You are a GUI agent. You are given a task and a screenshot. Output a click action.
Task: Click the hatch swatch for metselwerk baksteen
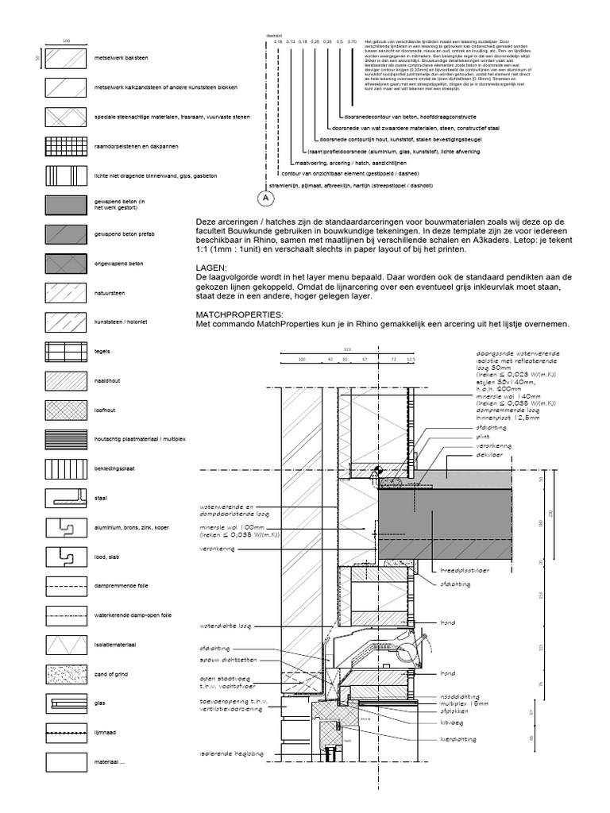66,58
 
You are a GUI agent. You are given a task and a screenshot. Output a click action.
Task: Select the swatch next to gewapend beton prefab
66,234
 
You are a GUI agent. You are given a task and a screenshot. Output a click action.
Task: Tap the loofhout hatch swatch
66,410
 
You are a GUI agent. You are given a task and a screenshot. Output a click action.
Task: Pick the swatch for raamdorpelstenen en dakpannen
66,146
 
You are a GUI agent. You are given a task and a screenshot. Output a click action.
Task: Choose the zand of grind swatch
66,674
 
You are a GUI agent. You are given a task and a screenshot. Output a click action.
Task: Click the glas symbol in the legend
66,703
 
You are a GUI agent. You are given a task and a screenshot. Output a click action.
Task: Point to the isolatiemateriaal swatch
66,645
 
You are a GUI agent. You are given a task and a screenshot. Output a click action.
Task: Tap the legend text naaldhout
106,381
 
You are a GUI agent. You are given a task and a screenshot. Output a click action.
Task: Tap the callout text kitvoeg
451,723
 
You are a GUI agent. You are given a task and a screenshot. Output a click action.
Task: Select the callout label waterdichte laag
226,626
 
